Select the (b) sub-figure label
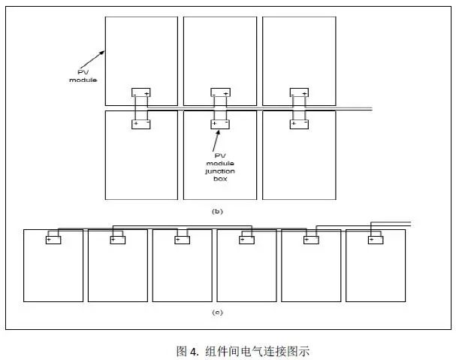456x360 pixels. click(218, 211)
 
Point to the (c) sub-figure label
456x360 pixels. click(217, 312)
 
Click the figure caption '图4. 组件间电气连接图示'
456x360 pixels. click(243, 351)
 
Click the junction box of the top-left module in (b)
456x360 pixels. click(141, 92)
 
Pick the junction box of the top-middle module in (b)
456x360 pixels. click(220, 92)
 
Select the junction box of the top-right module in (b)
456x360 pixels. click(299, 92)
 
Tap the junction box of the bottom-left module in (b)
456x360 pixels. click(141, 123)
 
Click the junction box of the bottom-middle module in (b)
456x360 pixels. click(220, 123)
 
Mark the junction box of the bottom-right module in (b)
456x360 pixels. click(299, 123)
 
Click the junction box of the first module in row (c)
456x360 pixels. click(53, 241)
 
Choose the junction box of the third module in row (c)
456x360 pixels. click(182, 241)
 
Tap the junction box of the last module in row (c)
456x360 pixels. click(376, 241)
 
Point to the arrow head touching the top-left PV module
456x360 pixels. click(107, 50)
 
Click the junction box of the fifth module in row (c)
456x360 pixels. click(311, 241)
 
